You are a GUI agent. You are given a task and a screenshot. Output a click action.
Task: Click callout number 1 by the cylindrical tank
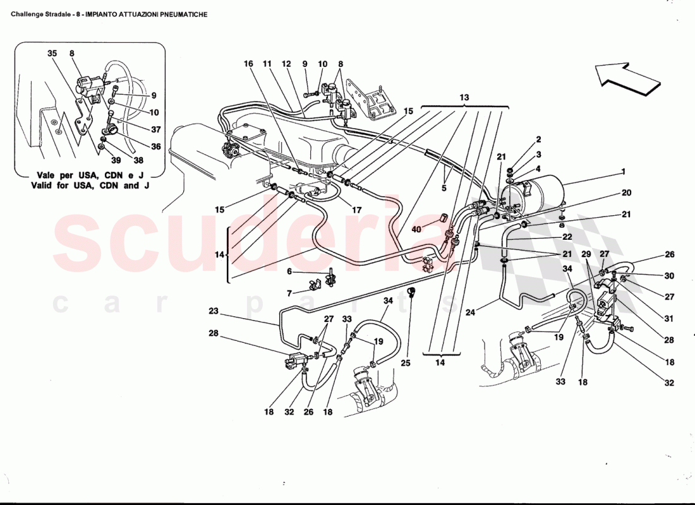[624, 171]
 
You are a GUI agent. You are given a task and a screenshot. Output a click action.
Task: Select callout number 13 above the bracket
[464, 98]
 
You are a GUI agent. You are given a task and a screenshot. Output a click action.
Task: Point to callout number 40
[416, 229]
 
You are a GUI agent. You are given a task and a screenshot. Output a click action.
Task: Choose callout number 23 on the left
[213, 311]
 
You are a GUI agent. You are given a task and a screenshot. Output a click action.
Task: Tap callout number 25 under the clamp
[405, 363]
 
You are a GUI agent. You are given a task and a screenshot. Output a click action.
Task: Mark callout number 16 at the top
[248, 64]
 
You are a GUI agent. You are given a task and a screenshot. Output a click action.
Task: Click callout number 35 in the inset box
[52, 54]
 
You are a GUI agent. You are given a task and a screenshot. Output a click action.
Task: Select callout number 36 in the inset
[155, 146]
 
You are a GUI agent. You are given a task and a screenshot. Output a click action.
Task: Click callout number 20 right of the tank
[625, 193]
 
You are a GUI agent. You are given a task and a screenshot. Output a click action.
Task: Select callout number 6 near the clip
[289, 271]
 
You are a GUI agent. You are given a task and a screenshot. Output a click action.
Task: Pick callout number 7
[289, 294]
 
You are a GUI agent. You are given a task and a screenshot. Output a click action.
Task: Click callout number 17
[357, 210]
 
